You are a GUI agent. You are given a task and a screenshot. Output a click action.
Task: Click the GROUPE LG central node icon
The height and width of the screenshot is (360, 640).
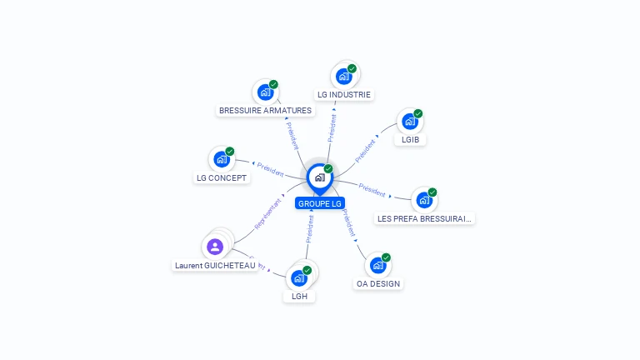coord(319,177)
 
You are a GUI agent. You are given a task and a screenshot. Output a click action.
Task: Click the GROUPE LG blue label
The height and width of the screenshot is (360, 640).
coord(320,203)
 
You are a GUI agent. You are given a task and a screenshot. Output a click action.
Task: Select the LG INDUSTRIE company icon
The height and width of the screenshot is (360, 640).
coord(343,77)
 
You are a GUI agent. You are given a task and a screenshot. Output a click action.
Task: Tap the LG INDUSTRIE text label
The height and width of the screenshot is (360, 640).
coord(344,95)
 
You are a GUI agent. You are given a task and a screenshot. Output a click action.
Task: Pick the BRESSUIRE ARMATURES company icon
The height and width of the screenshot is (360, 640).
coord(265,92)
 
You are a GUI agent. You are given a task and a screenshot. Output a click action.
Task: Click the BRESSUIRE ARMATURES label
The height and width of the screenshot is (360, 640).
coord(265,110)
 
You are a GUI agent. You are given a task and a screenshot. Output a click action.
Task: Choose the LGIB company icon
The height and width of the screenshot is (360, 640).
coord(409,122)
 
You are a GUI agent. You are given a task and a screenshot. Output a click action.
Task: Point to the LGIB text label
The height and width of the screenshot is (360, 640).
coord(410,139)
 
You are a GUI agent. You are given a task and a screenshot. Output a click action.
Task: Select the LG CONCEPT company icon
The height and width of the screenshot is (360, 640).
coord(222,159)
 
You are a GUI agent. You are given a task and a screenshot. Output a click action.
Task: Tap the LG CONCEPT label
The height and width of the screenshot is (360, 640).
coord(222,177)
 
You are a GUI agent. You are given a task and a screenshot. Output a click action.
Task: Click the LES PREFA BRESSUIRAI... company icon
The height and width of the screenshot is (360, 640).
coord(424,200)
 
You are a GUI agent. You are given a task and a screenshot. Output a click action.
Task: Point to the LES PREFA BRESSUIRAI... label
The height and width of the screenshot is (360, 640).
coord(425,218)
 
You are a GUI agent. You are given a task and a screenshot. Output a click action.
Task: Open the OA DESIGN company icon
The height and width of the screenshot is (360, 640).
coord(377,265)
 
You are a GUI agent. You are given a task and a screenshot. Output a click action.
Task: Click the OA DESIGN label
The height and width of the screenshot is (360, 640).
coord(378,283)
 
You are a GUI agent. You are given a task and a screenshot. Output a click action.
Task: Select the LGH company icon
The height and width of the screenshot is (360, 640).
coord(298,277)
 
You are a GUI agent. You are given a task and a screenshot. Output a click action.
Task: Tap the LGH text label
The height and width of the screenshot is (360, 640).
coord(298,296)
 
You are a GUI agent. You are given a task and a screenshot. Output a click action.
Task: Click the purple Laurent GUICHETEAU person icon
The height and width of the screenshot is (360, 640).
coord(215,246)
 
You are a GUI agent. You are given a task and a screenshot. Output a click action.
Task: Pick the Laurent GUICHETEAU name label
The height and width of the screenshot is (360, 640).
coord(215,265)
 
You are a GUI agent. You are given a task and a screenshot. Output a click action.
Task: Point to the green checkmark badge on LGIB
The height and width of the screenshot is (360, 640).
coord(418,113)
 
